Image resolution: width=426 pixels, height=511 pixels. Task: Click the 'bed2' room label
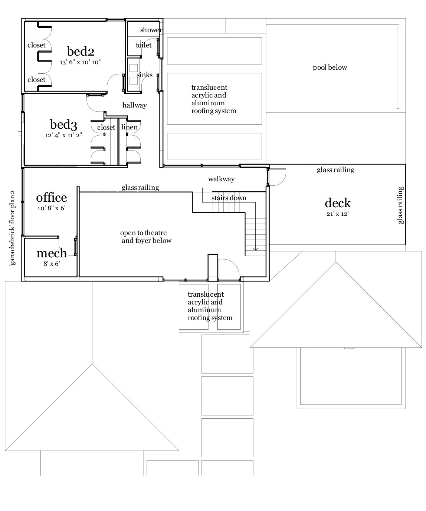(80, 51)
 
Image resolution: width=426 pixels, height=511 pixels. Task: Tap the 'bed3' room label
(63, 124)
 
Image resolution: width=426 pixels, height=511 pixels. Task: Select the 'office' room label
(51, 197)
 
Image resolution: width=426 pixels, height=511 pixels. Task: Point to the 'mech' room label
(52, 253)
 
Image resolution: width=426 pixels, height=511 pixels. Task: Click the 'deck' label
(337, 203)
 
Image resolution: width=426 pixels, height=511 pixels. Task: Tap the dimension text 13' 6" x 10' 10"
(81, 62)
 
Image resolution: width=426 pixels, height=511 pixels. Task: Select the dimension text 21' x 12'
(337, 214)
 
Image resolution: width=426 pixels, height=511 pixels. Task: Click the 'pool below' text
(330, 67)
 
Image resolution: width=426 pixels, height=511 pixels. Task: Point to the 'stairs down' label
(229, 198)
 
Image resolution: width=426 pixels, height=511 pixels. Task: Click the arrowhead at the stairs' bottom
(255, 249)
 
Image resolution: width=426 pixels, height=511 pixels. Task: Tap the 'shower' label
(151, 30)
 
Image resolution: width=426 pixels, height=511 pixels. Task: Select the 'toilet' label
(144, 45)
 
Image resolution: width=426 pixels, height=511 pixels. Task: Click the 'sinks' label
(144, 75)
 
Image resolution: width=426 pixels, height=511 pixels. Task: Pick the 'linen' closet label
(130, 127)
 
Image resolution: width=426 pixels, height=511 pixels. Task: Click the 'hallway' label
(134, 105)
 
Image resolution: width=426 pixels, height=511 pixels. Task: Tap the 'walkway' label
(221, 179)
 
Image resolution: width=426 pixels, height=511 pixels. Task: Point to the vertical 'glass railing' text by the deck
(400, 205)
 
